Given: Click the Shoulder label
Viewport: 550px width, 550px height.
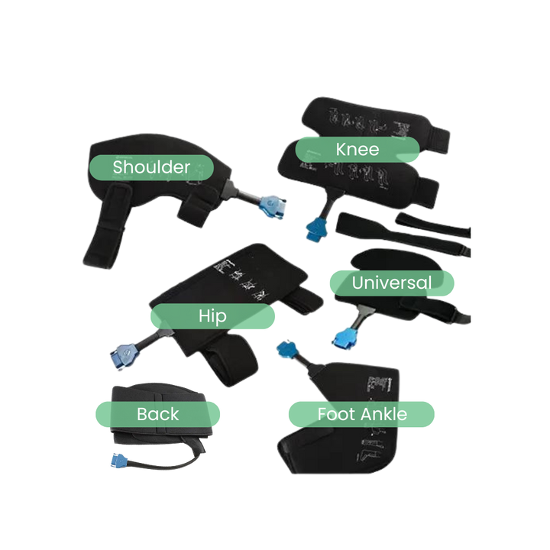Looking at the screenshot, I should coord(151,167).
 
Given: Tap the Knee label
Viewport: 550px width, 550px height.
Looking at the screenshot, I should coord(357,149).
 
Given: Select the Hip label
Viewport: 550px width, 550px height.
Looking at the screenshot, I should coord(212,316).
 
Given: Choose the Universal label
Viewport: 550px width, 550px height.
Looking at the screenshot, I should coord(391,283).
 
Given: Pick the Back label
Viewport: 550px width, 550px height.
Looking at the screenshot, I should coord(157,415).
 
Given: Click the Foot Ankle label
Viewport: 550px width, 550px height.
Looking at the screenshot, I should coord(361,415).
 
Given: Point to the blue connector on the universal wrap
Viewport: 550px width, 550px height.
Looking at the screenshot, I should coord(344,334).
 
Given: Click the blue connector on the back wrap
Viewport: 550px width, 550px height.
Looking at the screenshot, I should coord(118,460).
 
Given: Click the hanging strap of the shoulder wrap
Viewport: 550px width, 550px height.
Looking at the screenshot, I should coord(105,229).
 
